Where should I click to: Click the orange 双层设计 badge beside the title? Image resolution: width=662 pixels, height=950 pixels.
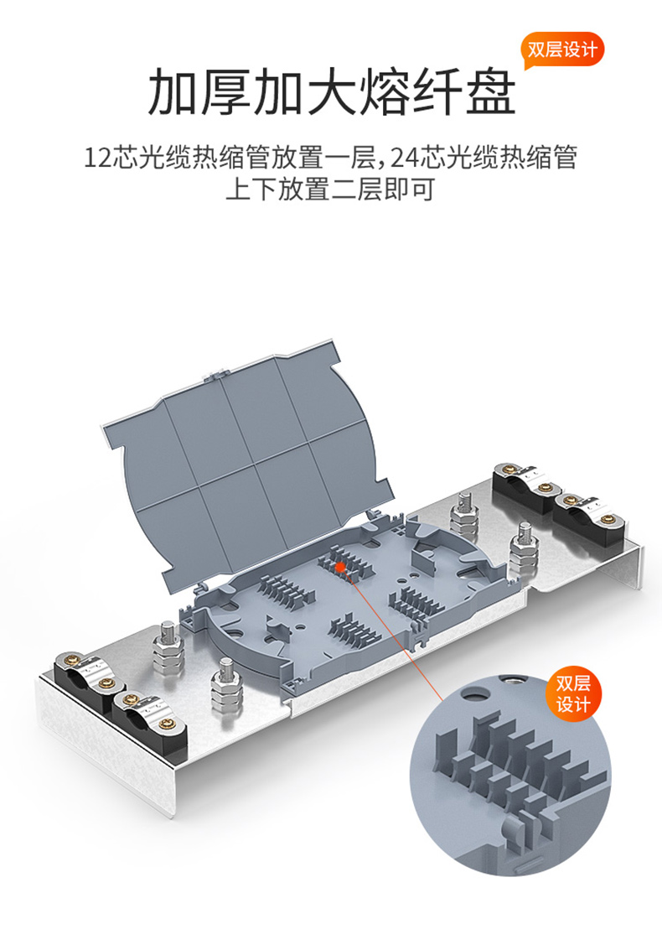click(562, 49)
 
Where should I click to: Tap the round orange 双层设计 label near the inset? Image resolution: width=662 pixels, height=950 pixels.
click(573, 693)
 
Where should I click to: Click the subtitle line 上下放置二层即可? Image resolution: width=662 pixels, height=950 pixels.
click(331, 189)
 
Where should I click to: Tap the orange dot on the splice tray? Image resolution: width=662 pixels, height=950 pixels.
click(340, 567)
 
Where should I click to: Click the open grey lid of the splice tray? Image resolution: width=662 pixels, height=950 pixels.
click(248, 460)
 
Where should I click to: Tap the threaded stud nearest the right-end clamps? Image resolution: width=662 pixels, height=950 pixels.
click(524, 549)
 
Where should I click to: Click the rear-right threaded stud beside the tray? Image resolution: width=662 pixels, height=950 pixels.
click(464, 514)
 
